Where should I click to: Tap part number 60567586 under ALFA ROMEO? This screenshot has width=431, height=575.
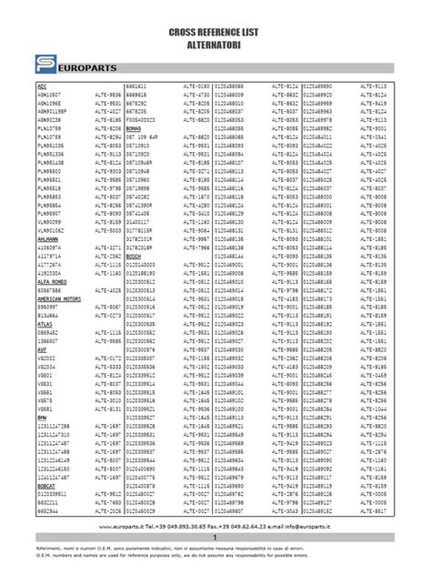pos(50,290)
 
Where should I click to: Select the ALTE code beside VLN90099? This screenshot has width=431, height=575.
pos(107,221)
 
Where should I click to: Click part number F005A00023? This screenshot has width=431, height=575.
pos(143,119)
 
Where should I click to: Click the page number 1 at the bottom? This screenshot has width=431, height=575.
pos(215,540)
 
